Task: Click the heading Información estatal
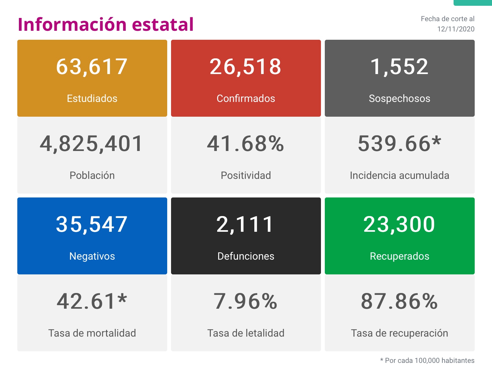(x=106, y=24)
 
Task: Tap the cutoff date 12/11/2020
(x=455, y=29)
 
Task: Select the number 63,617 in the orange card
(x=92, y=67)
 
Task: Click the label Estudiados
(x=92, y=98)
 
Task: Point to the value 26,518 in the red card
(x=246, y=67)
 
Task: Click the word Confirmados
(x=246, y=98)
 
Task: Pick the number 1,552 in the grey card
(x=399, y=67)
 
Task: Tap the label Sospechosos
(x=399, y=98)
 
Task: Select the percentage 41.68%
(x=246, y=144)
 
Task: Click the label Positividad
(x=246, y=175)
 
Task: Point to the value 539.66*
(x=399, y=144)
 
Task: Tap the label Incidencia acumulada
(x=399, y=175)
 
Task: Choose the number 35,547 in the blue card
(x=92, y=224)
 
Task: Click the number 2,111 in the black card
(x=245, y=224)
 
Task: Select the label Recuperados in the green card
(x=399, y=256)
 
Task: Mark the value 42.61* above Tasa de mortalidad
(x=92, y=301)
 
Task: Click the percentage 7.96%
(x=246, y=301)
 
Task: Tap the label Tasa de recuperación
(x=399, y=333)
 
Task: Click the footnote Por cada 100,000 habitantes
(x=429, y=361)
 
